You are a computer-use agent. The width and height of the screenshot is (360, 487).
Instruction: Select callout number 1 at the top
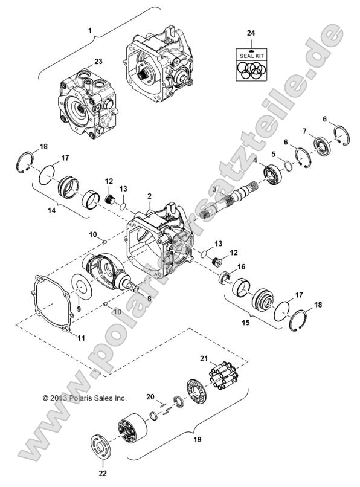coord(91,30)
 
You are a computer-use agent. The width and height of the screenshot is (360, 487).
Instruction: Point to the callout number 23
coord(98,61)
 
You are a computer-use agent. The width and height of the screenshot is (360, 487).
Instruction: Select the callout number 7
coord(305,131)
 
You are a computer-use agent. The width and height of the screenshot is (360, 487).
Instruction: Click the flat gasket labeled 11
coord(51,302)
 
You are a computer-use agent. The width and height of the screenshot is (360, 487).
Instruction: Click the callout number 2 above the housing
coord(149,198)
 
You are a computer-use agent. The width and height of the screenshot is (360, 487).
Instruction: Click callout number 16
coord(241,266)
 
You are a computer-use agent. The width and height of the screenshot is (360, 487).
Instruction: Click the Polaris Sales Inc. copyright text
coord(85,398)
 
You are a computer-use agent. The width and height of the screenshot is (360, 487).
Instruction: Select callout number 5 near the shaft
coord(274,154)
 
